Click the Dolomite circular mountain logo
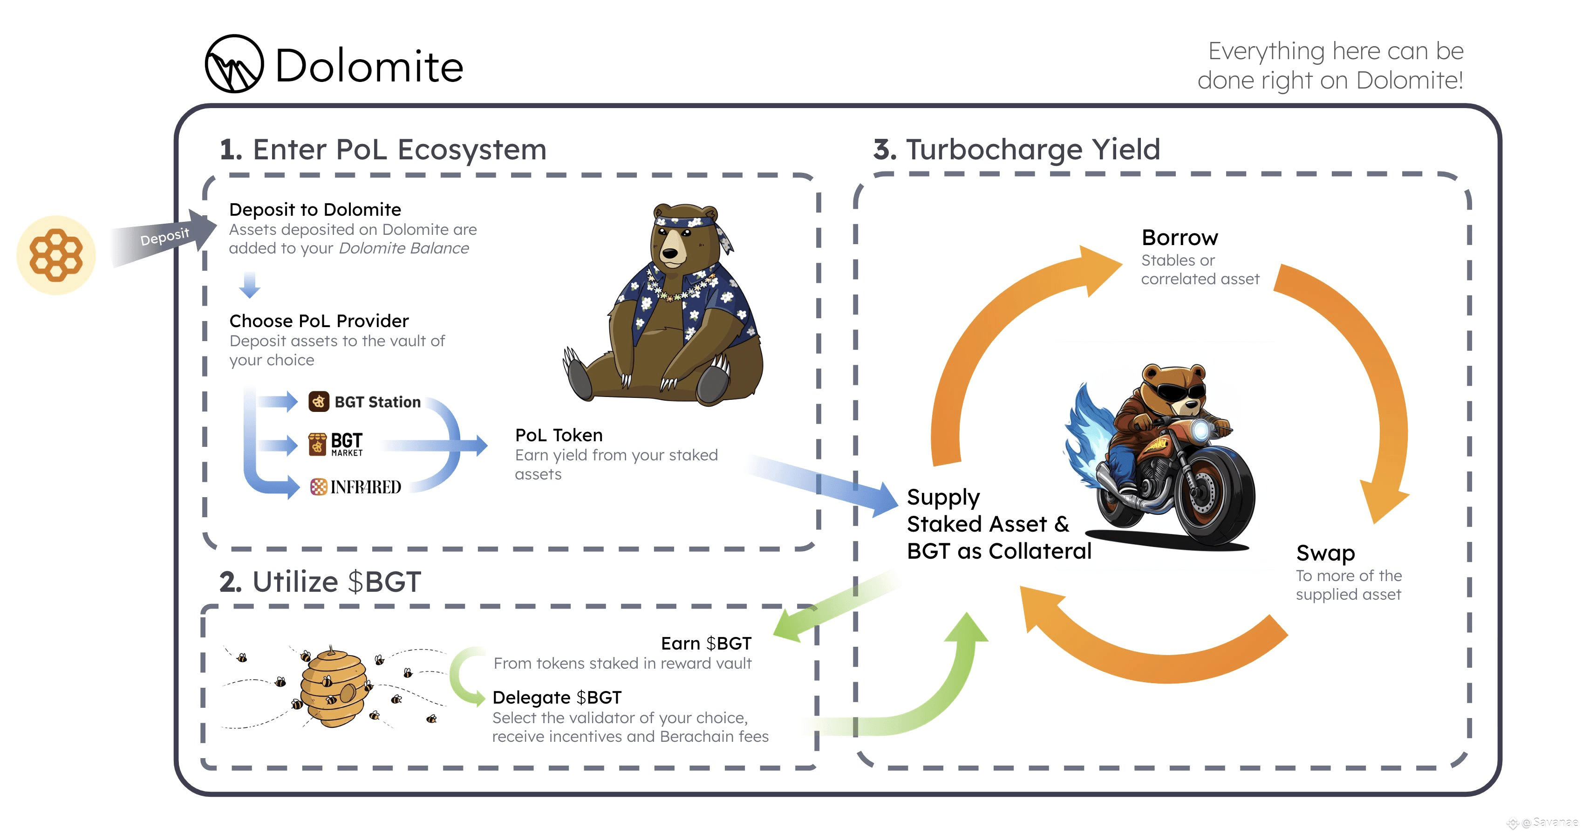(x=234, y=64)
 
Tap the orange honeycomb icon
(x=56, y=255)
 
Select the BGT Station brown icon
(x=319, y=402)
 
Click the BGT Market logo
(x=335, y=444)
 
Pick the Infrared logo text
(x=365, y=487)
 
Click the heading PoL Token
(x=559, y=435)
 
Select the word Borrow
(x=1180, y=238)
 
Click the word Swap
(x=1325, y=554)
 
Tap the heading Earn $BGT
(x=706, y=643)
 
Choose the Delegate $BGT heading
(x=557, y=698)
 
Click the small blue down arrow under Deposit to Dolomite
(x=249, y=285)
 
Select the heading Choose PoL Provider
(x=319, y=321)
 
